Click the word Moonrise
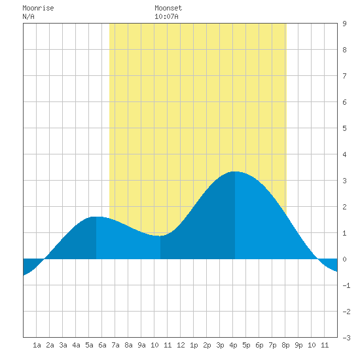[38, 8]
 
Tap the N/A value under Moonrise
[28, 16]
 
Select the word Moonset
[168, 8]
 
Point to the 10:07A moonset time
[166, 16]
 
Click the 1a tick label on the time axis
[37, 345]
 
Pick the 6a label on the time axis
[102, 345]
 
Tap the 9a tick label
[141, 345]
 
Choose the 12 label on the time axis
[181, 345]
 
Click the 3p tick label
[220, 345]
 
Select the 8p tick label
[285, 345]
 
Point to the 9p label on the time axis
[298, 345]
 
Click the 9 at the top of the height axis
[344, 24]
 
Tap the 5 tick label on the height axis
[344, 128]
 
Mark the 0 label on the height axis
[344, 259]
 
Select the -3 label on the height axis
[346, 338]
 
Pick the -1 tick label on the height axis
[346, 285]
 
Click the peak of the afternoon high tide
[234, 171]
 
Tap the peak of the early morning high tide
[96, 217]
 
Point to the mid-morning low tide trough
[160, 236]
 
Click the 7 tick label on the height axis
[344, 76]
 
